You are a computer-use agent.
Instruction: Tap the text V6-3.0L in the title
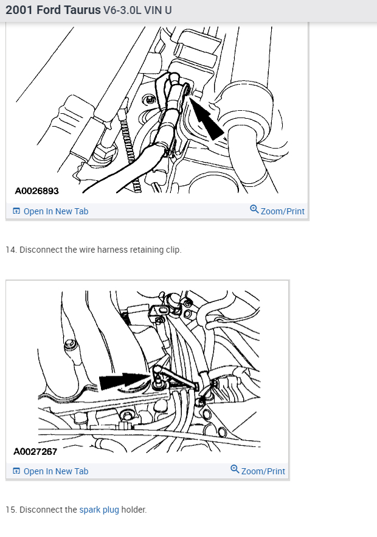(122, 10)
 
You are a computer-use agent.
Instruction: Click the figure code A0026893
(36, 191)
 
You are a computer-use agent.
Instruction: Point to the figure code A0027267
(35, 451)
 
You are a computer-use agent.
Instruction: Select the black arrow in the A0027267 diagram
(125, 381)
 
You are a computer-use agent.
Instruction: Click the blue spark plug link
(99, 510)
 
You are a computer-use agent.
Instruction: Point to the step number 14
(11, 250)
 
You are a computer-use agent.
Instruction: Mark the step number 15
(11, 510)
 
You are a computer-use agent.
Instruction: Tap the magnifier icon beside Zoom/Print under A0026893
(254, 209)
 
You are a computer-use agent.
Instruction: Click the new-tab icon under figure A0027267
(16, 471)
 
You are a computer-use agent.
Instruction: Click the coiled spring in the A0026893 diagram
(130, 151)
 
